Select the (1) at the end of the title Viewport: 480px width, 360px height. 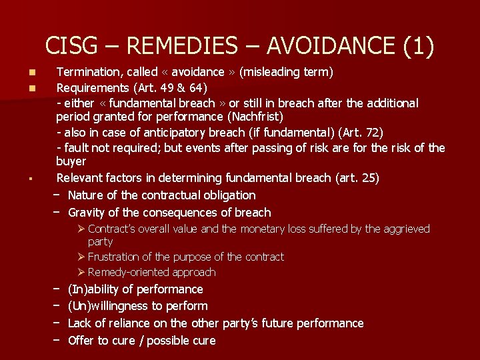(x=417, y=46)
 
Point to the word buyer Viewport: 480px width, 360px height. (x=71, y=161)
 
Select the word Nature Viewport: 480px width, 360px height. (x=87, y=195)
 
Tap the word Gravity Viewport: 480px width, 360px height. (x=88, y=213)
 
